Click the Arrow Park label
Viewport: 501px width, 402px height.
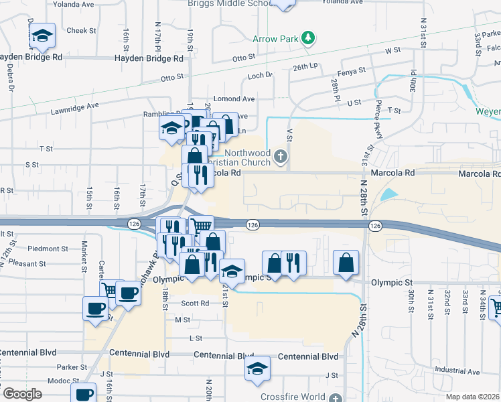click(275, 39)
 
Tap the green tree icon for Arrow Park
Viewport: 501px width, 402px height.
click(307, 38)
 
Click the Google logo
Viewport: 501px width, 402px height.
click(22, 394)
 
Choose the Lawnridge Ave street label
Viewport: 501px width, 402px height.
click(74, 105)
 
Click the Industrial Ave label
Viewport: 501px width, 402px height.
click(457, 371)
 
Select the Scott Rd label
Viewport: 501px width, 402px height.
click(195, 304)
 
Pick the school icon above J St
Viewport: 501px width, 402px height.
click(257, 368)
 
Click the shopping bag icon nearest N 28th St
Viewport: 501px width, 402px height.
click(346, 263)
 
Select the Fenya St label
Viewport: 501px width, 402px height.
click(352, 70)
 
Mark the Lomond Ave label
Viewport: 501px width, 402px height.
click(234, 99)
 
